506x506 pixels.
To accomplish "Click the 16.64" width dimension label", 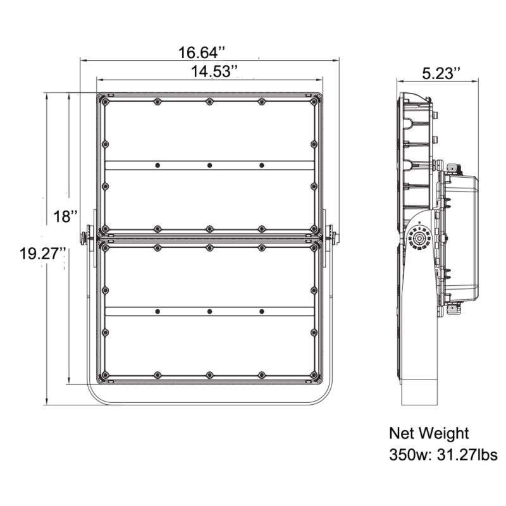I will pyautogui.click(x=209, y=51).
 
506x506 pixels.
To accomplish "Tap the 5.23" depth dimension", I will pyautogui.click(x=441, y=73).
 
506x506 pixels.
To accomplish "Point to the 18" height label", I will pyautogui.click(x=65, y=217).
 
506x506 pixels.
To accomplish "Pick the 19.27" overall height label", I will pyautogui.click(x=42, y=254).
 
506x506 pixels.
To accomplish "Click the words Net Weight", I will pyautogui.click(x=429, y=433).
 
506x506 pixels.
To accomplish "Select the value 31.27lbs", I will pyautogui.click(x=467, y=454).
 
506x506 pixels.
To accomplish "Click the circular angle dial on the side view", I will pyautogui.click(x=418, y=238).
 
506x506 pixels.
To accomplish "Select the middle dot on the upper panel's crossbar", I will pyautogui.click(x=209, y=165).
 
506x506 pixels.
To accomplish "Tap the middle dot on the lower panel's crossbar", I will pyautogui.click(x=209, y=311).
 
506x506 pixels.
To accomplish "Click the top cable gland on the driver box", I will pyautogui.click(x=453, y=168).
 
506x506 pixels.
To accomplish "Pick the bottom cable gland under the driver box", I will pyautogui.click(x=453, y=309).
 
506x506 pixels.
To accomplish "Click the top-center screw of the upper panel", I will pyautogui.click(x=209, y=102).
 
